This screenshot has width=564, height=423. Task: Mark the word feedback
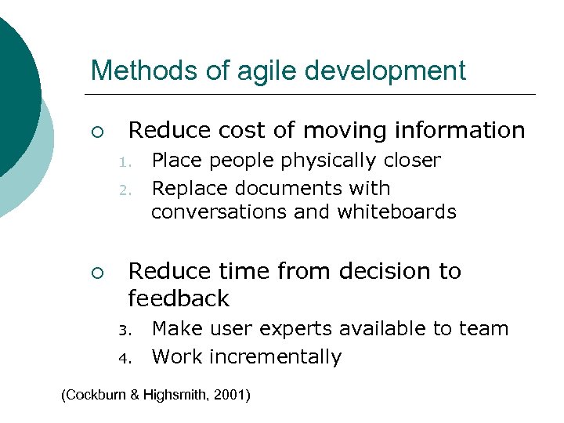(x=179, y=298)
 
